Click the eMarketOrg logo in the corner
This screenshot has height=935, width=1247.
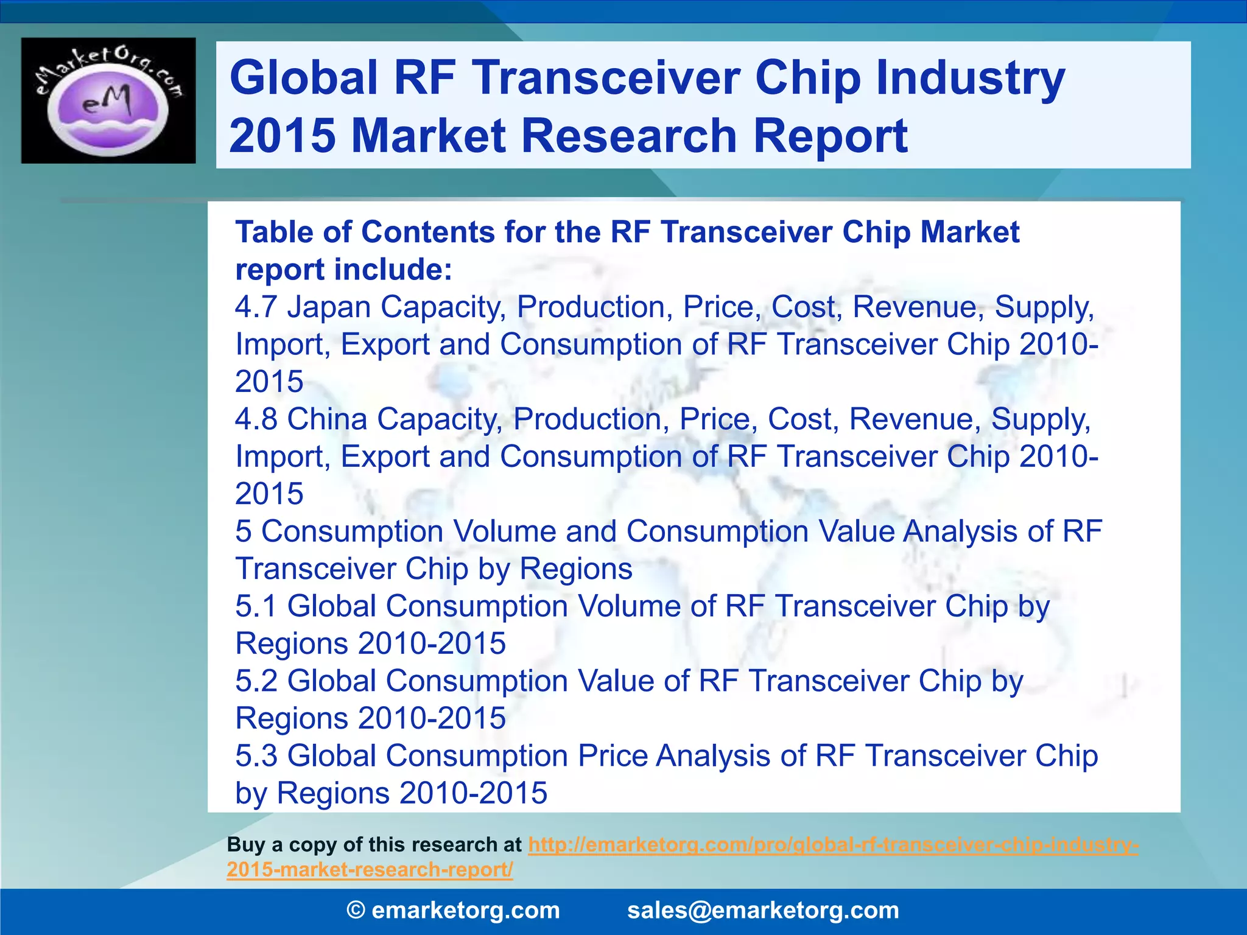(x=108, y=100)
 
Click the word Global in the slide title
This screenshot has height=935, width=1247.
(x=303, y=78)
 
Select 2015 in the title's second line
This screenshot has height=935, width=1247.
(x=282, y=135)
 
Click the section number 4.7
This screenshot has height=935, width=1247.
(x=256, y=307)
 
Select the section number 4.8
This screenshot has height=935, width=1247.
(x=256, y=419)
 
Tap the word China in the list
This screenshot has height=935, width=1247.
(x=327, y=419)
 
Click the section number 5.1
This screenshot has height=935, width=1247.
(x=256, y=606)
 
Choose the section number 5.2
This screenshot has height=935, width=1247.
(x=256, y=681)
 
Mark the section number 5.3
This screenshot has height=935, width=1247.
(x=256, y=756)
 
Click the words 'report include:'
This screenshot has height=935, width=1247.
(x=344, y=270)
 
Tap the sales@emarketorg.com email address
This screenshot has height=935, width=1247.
(x=763, y=910)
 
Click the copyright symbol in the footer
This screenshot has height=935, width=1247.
(x=356, y=910)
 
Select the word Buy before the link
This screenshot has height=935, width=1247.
(x=245, y=845)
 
